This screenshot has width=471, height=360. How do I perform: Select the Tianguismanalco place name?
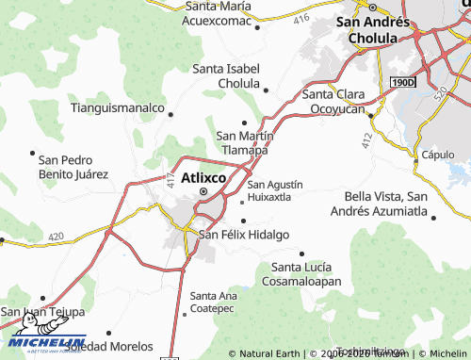click(118, 107)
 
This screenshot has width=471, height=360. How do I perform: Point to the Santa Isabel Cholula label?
click(231, 75)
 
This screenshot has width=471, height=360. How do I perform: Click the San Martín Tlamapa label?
click(245, 142)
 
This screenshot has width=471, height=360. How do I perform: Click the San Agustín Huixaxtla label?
click(275, 190)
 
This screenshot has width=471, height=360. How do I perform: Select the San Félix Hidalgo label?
click(242, 235)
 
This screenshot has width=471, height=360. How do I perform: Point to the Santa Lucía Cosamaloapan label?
click(306, 273)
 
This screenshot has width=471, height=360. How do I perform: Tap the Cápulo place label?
click(438, 155)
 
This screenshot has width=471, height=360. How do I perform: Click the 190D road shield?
click(402, 84)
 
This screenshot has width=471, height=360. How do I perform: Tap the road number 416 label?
click(301, 18)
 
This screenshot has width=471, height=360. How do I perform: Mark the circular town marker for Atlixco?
click(203, 193)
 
